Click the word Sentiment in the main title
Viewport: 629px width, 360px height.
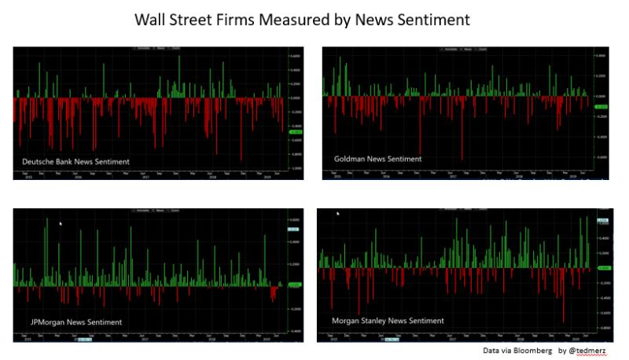(430, 20)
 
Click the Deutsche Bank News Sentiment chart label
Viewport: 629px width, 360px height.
(75, 161)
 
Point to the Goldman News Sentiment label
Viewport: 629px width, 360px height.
(377, 159)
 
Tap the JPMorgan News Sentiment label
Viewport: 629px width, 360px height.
(72, 322)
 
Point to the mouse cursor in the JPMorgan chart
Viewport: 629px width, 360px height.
(60, 223)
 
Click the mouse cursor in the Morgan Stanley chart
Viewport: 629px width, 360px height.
(338, 213)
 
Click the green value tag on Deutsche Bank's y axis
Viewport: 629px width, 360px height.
(296, 131)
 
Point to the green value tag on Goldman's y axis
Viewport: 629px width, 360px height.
(601, 106)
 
